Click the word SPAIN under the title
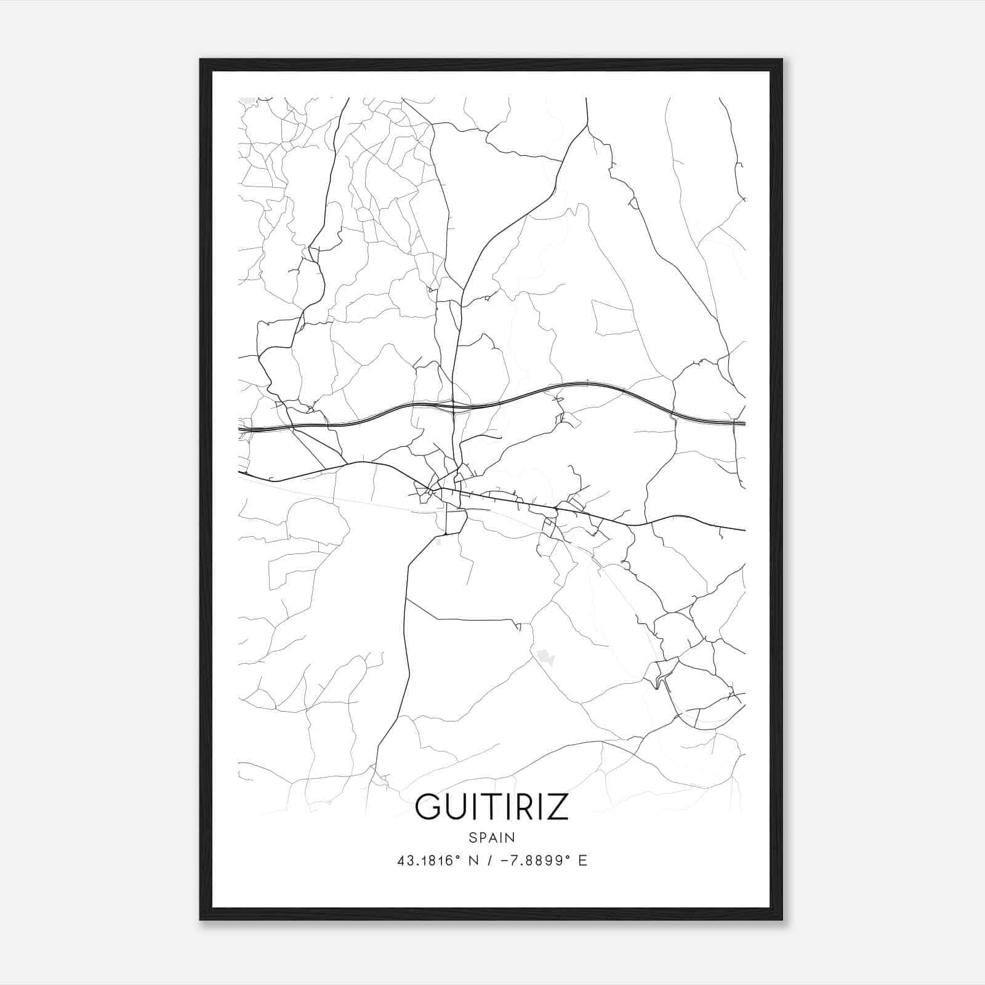click(492, 838)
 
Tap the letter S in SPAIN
click(472, 838)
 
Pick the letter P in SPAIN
click(482, 838)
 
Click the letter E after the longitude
click(582, 861)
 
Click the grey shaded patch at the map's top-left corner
click(247, 100)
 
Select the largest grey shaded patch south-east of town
click(545, 657)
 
